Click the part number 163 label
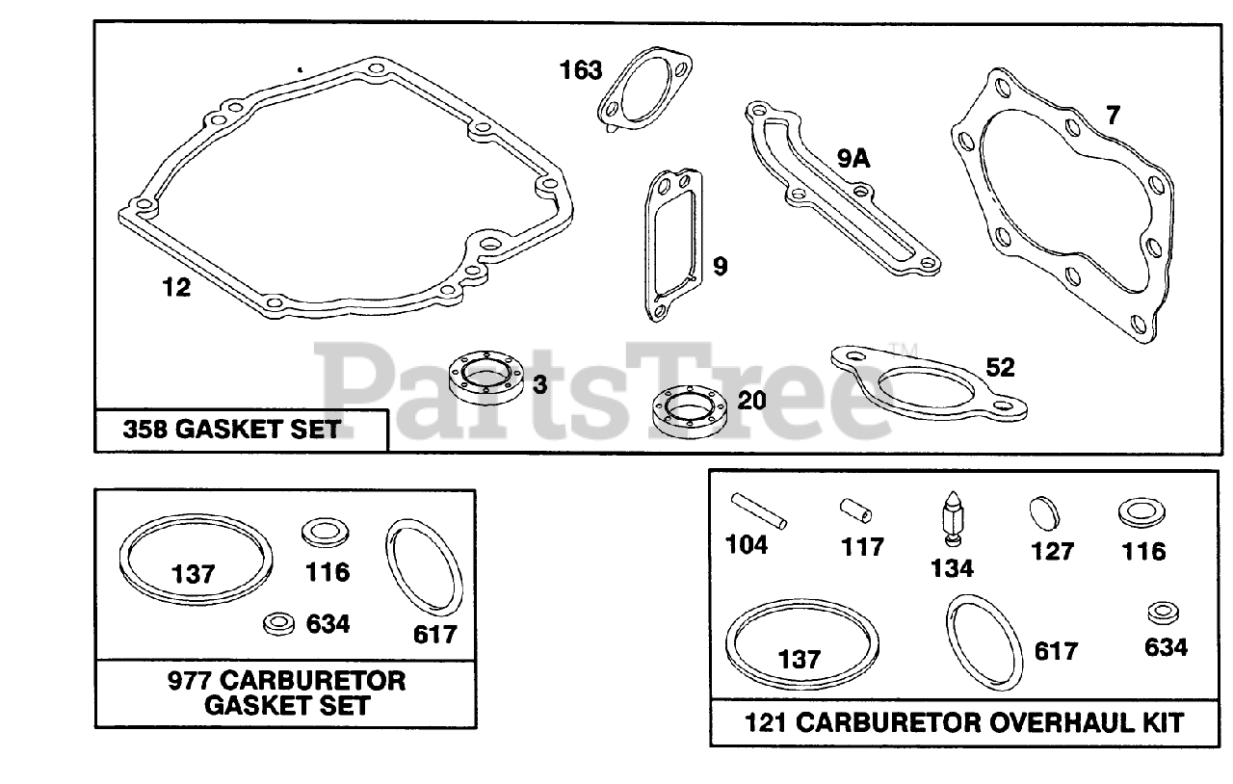point(582,70)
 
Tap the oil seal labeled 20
point(687,408)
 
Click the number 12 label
point(176,287)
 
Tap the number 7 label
point(1113,116)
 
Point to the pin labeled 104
point(759,510)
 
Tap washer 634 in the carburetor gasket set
point(279,624)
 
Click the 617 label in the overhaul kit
point(1056,652)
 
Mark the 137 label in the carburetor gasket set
point(194,574)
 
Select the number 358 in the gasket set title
point(146,430)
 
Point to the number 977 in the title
point(188,681)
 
